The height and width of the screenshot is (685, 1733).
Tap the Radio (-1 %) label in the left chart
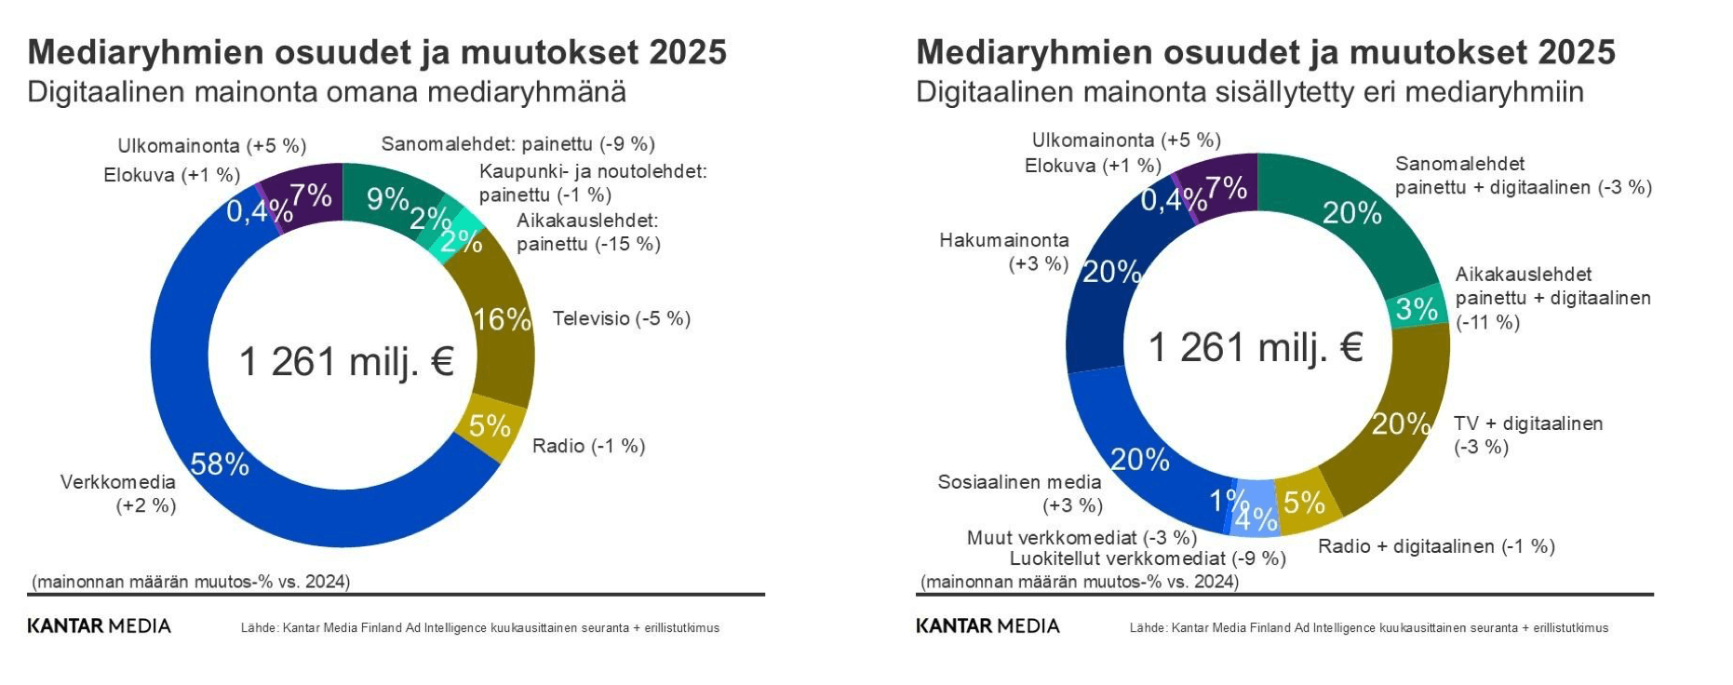(588, 446)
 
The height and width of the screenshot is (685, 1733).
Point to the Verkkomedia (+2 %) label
(119, 493)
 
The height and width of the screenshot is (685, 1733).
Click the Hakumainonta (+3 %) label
(1005, 252)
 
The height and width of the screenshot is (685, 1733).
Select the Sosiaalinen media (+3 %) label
(1021, 493)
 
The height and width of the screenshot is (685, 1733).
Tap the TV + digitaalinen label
(1527, 435)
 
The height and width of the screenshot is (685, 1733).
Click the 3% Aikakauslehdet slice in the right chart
(1416, 309)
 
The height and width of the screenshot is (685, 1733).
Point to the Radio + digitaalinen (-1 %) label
(1436, 546)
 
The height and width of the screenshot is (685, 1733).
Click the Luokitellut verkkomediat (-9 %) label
(1148, 558)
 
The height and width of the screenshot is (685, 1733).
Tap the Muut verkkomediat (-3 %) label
(1081, 537)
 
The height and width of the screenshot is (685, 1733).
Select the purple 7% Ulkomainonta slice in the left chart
(308, 196)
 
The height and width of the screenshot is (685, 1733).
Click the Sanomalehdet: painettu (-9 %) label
(517, 143)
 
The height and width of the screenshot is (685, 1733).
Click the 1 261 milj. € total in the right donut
(1256, 348)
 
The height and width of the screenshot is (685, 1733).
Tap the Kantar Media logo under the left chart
(100, 626)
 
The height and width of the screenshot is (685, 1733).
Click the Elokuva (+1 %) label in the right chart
(1093, 166)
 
